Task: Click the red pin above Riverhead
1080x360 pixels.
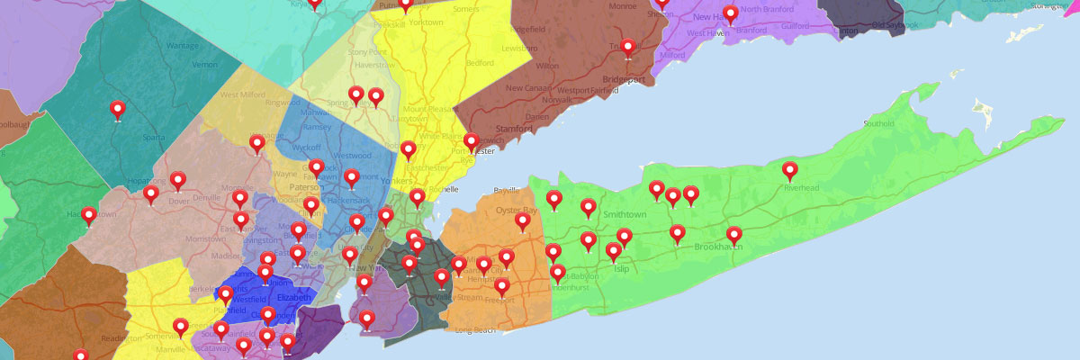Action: (789, 170)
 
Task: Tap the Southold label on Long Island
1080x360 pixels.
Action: (878, 122)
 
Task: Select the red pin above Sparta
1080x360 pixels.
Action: (117, 110)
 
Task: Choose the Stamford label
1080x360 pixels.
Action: (516, 118)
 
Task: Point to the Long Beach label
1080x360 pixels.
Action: (476, 330)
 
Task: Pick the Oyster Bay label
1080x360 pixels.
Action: (516, 209)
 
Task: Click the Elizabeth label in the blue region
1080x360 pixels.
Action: (293, 298)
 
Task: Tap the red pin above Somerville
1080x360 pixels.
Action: (181, 327)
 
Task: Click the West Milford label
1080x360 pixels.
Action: (238, 94)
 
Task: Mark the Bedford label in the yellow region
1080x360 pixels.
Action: (480, 63)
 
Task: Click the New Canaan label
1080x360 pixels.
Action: (528, 88)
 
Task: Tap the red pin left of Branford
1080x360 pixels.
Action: (730, 13)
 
